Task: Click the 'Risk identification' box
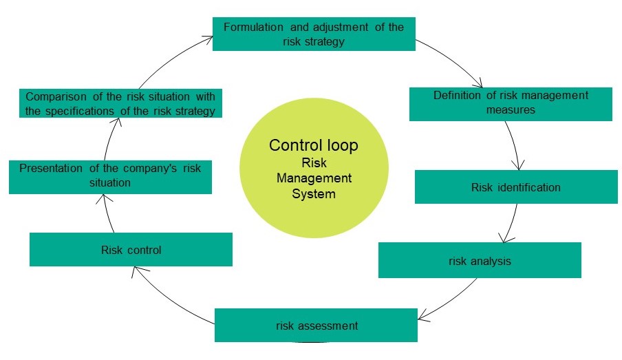coord(517,187)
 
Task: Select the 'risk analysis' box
coord(480,260)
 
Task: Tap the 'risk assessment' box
coord(316,325)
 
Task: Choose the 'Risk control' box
coord(131,249)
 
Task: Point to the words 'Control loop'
coord(313,146)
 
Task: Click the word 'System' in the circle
coord(313,194)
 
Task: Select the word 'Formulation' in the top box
coord(253,27)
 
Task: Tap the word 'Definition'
coord(458,95)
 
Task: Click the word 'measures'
coord(510,109)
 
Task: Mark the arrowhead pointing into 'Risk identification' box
coord(518,165)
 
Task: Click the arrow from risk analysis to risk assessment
coord(447,300)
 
